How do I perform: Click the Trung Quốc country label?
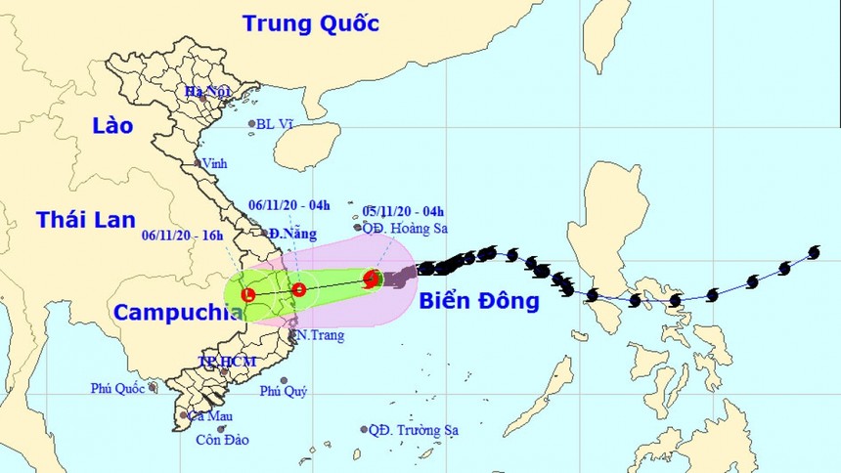coord(312,22)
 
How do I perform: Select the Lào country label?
coord(111,126)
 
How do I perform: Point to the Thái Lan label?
coord(85,220)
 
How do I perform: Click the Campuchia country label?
coord(177,313)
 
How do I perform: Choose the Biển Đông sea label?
coord(479,302)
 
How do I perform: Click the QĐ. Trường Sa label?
coord(414,429)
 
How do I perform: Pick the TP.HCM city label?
coord(227,362)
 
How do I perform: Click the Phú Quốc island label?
coord(118,388)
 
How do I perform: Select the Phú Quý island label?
coord(283,392)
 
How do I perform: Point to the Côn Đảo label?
coord(222,440)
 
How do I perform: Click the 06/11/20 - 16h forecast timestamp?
coord(182,235)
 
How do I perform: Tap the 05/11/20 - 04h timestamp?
coord(403,210)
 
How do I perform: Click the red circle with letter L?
coord(247,293)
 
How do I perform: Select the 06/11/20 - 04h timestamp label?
coord(289,205)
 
